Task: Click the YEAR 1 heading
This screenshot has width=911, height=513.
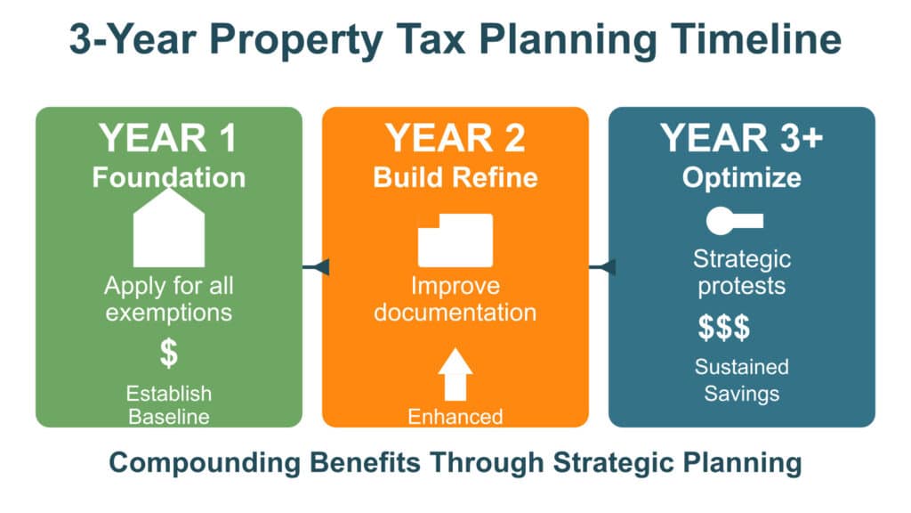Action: click(x=168, y=138)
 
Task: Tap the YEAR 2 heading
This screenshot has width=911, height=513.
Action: click(x=455, y=138)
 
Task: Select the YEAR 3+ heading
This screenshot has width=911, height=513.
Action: click(x=741, y=138)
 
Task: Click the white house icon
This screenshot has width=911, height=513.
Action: click(x=168, y=227)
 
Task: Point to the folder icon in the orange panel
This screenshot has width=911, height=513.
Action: click(x=455, y=240)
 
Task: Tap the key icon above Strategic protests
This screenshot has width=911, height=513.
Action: click(x=734, y=221)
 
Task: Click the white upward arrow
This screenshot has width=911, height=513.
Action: click(x=455, y=375)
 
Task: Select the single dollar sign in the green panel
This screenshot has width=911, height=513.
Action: click(x=168, y=353)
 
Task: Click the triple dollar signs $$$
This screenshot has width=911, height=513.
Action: click(x=724, y=328)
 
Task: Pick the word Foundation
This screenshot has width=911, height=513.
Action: click(x=168, y=177)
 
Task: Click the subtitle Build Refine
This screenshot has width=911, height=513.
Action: click(x=455, y=177)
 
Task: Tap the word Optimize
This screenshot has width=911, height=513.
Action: click(x=741, y=178)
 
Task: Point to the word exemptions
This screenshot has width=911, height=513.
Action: click(x=168, y=313)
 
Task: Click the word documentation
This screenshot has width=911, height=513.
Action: click(x=455, y=313)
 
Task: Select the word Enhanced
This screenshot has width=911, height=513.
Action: click(x=455, y=417)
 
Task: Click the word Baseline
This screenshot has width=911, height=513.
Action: click(x=168, y=417)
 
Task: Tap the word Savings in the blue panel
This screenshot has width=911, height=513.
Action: click(x=741, y=394)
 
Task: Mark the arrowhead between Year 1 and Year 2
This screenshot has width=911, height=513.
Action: click(x=320, y=267)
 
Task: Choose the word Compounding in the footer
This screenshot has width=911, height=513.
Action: click(x=205, y=463)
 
